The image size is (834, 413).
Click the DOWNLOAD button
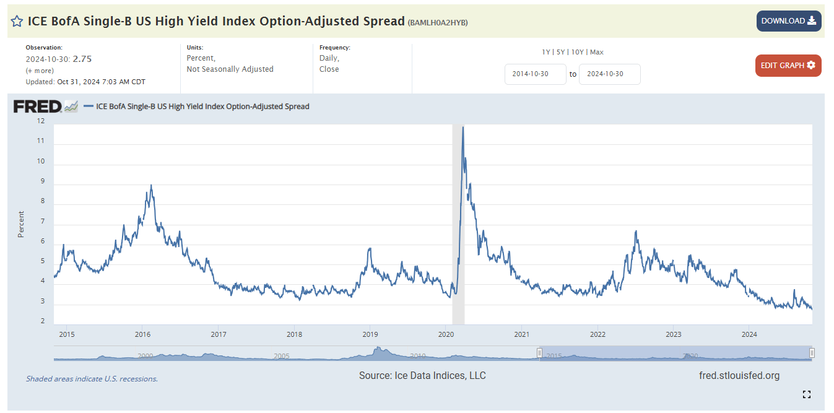(x=788, y=21)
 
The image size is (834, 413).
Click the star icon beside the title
(x=17, y=21)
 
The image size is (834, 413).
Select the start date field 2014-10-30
(x=535, y=74)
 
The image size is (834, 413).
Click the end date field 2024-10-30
(x=609, y=74)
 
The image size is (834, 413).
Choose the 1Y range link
(x=546, y=52)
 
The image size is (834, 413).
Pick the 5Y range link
(x=560, y=52)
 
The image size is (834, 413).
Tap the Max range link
(x=596, y=52)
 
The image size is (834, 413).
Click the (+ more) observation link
(x=40, y=71)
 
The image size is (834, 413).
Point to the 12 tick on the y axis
(x=41, y=121)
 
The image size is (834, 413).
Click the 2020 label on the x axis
(x=445, y=335)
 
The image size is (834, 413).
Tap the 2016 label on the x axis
(x=142, y=335)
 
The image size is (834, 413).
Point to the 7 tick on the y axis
(x=42, y=221)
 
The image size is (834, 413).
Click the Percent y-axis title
(x=21, y=224)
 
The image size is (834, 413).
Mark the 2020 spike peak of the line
(x=463, y=127)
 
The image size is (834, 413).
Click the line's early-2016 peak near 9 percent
(x=151, y=185)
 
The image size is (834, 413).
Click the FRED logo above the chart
(x=38, y=107)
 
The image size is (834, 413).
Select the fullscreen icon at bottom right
(x=806, y=394)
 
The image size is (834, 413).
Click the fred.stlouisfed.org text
(x=739, y=375)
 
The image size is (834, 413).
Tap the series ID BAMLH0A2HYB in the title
(x=437, y=22)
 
